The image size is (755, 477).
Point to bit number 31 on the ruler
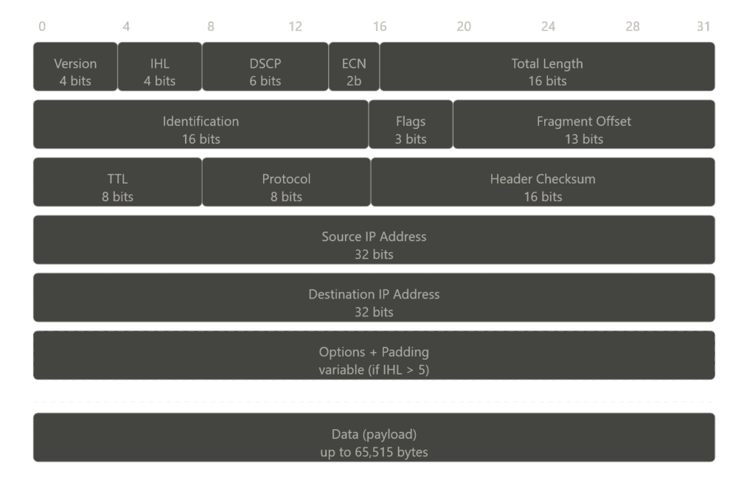pyautogui.click(x=703, y=27)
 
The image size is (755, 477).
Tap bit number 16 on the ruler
pyautogui.click(x=380, y=27)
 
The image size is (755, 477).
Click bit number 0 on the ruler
pyautogui.click(x=42, y=27)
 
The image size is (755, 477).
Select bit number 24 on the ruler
pyautogui.click(x=548, y=27)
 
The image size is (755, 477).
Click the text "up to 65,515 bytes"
pyautogui.click(x=374, y=451)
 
